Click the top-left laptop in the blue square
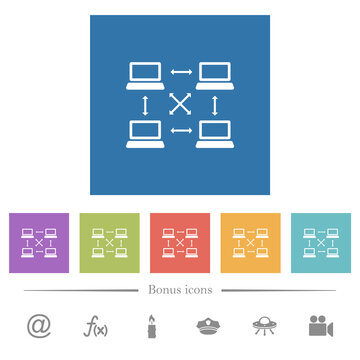[146, 76]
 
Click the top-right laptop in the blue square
[214, 76]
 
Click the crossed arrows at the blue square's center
[180, 104]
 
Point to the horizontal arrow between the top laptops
[180, 72]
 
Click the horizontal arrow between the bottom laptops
[180, 130]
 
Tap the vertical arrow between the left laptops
[146, 104]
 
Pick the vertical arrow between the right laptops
[214, 104]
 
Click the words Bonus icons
[180, 290]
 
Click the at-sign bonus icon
[38, 327]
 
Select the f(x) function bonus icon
[95, 327]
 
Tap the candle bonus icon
[152, 327]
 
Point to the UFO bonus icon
[265, 327]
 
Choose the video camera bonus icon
[322, 327]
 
